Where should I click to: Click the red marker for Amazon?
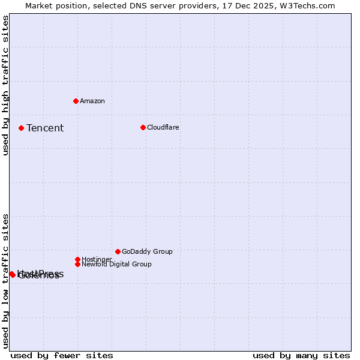pyautogui.click(x=76, y=101)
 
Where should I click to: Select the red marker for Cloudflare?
pyautogui.click(x=143, y=127)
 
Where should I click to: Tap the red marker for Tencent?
pyautogui.click(x=21, y=128)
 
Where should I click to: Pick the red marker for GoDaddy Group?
pyautogui.click(x=118, y=251)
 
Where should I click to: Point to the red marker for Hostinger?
pyautogui.click(x=77, y=259)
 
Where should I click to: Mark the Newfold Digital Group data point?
pyautogui.click(x=77, y=264)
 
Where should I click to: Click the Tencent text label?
pyautogui.click(x=45, y=128)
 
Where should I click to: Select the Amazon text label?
pyautogui.click(x=92, y=101)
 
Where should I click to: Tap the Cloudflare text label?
pyautogui.click(x=163, y=127)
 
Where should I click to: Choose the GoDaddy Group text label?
pyautogui.click(x=147, y=251)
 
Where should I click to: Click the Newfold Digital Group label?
pyautogui.click(x=116, y=264)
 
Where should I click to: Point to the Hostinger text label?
pyautogui.click(x=97, y=259)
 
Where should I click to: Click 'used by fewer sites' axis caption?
pyautogui.click(x=62, y=355)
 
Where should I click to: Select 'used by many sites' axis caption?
pyautogui.click(x=301, y=355)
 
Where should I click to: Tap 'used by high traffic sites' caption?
pyautogui.click(x=6, y=85)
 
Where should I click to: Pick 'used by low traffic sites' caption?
pyautogui.click(x=6, y=281)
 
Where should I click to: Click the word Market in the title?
pyautogui.click(x=38, y=5)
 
